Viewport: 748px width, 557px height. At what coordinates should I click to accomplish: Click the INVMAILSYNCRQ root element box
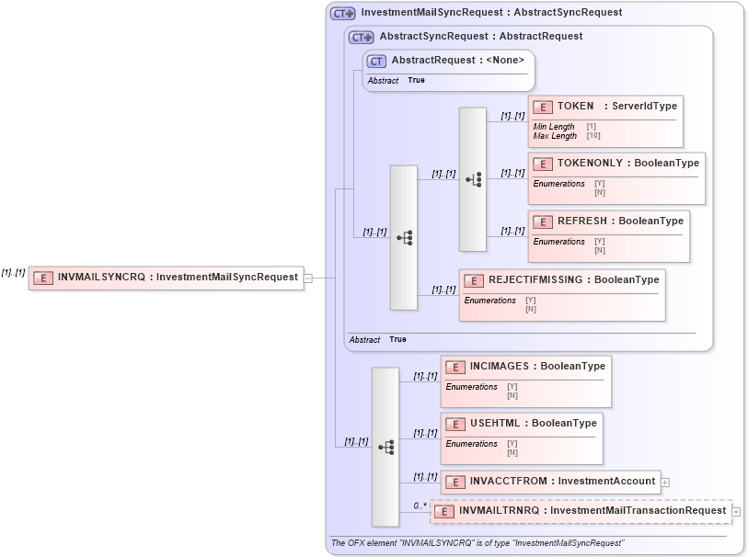pos(166,278)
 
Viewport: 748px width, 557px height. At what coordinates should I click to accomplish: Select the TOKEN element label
pos(575,107)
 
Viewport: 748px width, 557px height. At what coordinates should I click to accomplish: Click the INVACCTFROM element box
pos(549,481)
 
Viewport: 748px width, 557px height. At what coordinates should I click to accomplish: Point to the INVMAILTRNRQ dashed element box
pos(581,511)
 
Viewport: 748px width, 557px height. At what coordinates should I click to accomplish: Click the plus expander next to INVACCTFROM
pos(664,482)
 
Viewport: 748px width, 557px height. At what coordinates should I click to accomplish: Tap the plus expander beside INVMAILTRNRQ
pos(735,512)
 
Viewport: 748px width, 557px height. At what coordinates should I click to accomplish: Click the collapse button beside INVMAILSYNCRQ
pos(308,278)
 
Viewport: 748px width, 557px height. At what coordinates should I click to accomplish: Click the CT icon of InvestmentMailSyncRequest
pos(342,14)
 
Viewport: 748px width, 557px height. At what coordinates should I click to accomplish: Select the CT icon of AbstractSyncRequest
pos(361,37)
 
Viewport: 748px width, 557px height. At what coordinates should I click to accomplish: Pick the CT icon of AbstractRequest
pos(376,62)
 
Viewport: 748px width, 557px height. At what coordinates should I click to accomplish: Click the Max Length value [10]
pos(593,136)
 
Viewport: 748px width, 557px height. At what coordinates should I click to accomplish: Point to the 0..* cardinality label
pos(420,506)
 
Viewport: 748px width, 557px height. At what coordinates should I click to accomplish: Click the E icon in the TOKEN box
pos(543,108)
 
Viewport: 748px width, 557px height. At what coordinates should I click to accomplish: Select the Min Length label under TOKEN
pos(554,127)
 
